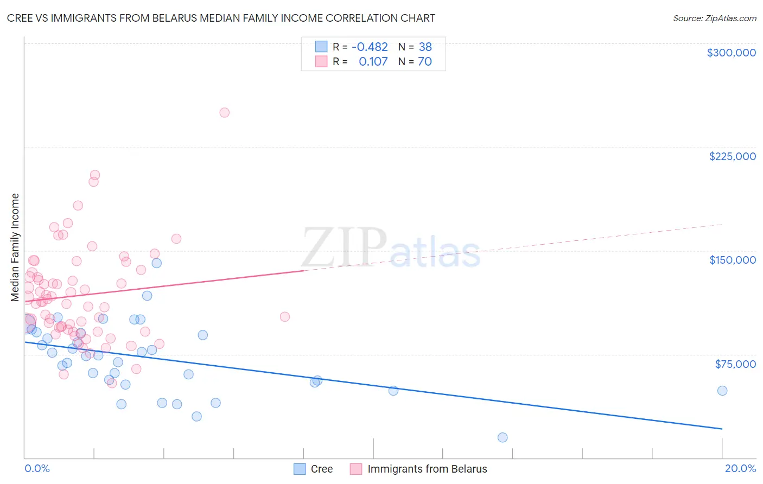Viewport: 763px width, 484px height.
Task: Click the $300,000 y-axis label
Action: [x=731, y=53]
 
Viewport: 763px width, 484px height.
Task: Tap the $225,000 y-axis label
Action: [x=732, y=156]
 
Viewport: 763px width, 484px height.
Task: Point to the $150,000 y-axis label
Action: [x=732, y=260]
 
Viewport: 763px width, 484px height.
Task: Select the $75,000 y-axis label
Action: [x=735, y=364]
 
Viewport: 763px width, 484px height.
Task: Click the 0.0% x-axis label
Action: [x=37, y=468]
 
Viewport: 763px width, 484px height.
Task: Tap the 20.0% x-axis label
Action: [x=740, y=468]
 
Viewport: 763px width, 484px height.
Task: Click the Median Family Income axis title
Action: [x=15, y=247]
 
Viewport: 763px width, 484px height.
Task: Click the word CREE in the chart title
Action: [x=19, y=18]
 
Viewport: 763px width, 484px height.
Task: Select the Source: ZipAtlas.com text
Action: [x=714, y=18]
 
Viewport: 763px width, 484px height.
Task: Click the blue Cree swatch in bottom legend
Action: [x=300, y=469]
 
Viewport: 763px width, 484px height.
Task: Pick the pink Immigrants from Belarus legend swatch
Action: [x=356, y=469]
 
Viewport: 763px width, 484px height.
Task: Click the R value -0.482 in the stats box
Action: [x=370, y=47]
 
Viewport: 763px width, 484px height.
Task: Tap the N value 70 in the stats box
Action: [x=424, y=62]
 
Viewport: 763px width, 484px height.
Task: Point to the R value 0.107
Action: [x=373, y=62]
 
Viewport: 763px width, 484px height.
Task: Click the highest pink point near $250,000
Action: [x=224, y=113]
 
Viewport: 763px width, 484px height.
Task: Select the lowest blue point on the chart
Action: [x=503, y=437]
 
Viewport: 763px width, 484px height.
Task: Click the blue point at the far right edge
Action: [x=722, y=391]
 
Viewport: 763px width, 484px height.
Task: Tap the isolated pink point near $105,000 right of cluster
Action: [x=284, y=317]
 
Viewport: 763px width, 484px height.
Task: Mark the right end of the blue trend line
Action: [x=722, y=429]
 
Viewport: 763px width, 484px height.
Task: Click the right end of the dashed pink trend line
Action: [x=722, y=224]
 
